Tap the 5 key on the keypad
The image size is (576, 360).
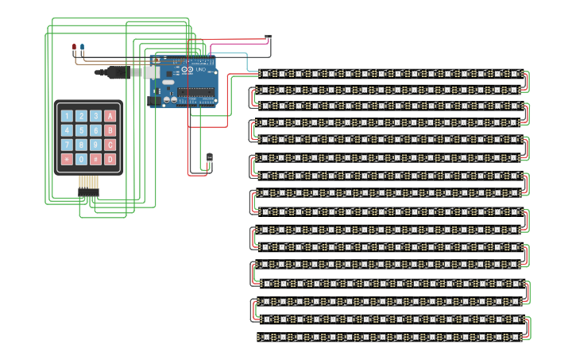click(81, 130)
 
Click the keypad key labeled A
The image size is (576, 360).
click(110, 116)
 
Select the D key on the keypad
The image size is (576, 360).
click(110, 159)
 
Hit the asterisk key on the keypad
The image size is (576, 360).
click(67, 159)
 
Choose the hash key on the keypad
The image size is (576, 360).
click(95, 159)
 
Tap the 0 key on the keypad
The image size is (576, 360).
click(81, 159)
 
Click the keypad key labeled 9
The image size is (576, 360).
click(95, 145)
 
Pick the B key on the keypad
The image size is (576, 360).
click(110, 130)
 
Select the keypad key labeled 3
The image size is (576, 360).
click(95, 116)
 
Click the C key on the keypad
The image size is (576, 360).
click(110, 145)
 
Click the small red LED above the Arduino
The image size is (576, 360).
click(74, 48)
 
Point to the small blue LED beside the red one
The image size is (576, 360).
click(81, 48)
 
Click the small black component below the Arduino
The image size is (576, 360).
click(210, 159)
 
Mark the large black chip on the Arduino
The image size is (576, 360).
click(196, 92)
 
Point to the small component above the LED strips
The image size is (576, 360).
click(268, 37)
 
